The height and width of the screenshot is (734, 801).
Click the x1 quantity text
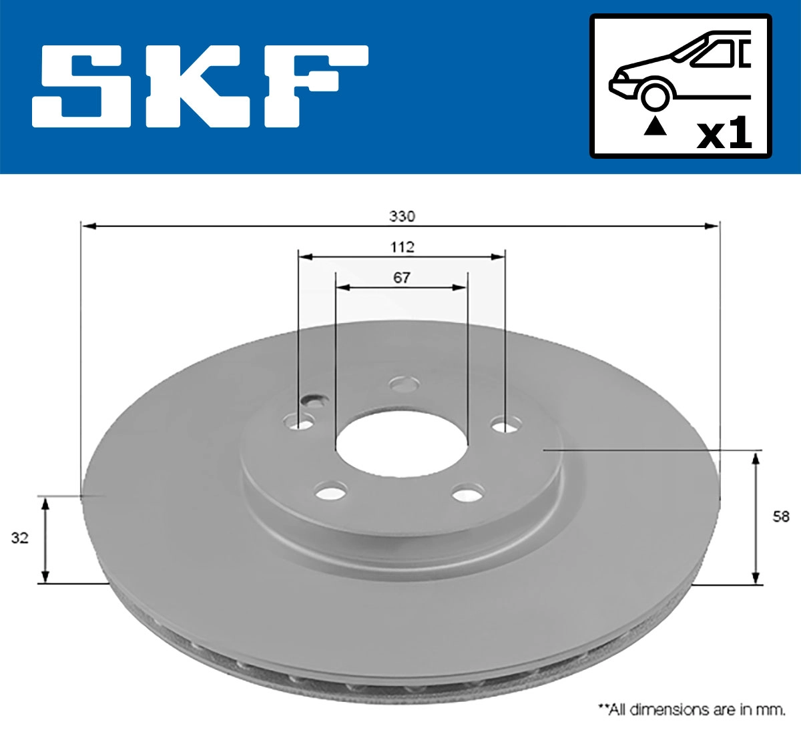[724, 134]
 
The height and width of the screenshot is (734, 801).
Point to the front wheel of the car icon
[655, 95]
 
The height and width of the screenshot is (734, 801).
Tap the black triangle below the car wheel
[655, 125]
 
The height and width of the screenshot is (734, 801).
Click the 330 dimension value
[402, 216]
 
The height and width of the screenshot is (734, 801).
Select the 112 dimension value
[402, 247]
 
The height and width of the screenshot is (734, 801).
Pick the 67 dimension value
[402, 278]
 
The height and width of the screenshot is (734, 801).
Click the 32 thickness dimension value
[20, 538]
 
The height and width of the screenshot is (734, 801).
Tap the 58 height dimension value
[780, 516]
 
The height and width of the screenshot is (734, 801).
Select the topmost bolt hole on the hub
[405, 384]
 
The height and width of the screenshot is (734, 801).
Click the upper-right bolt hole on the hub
[507, 424]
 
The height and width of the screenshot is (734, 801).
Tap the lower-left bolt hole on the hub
[330, 493]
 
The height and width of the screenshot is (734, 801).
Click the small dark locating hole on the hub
[313, 400]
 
